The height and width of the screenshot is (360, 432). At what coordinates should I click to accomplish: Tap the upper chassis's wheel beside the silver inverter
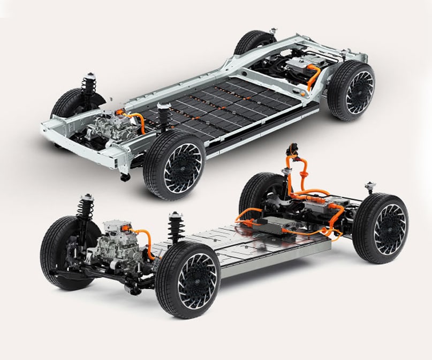[351, 91]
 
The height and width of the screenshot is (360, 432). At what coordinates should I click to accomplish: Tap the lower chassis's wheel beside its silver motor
[67, 252]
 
